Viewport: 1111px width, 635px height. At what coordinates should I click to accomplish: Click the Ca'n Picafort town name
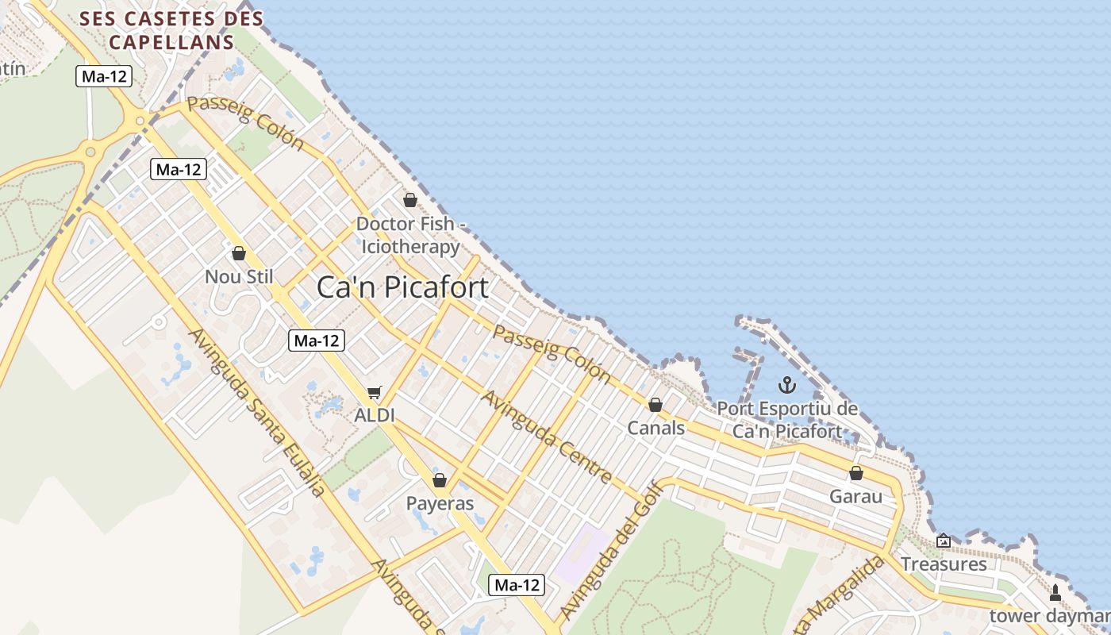402,287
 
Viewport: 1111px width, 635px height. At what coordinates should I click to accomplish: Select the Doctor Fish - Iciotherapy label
409,235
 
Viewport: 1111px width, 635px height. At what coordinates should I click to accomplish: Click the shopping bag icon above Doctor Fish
410,200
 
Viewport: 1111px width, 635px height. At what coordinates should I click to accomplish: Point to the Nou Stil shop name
239,276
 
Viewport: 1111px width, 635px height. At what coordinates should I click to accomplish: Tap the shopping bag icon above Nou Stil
239,253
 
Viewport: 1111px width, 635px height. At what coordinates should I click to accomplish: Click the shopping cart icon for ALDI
375,392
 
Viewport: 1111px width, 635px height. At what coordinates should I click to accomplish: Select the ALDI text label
375,415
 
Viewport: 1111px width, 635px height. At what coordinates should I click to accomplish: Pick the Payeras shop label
440,503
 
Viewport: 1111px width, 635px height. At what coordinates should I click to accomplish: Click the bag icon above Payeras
440,480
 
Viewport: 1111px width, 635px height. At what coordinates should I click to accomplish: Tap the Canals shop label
655,428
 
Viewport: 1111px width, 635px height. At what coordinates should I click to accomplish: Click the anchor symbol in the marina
786,386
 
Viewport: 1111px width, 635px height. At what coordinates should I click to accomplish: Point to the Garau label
855,496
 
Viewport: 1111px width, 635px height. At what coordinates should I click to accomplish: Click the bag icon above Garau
856,473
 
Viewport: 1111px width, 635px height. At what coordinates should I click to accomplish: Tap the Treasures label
944,564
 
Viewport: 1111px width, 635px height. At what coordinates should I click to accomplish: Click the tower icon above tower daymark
1055,592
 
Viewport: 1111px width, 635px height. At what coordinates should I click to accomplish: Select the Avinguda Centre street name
547,437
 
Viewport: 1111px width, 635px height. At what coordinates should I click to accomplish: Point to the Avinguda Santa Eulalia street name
257,413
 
